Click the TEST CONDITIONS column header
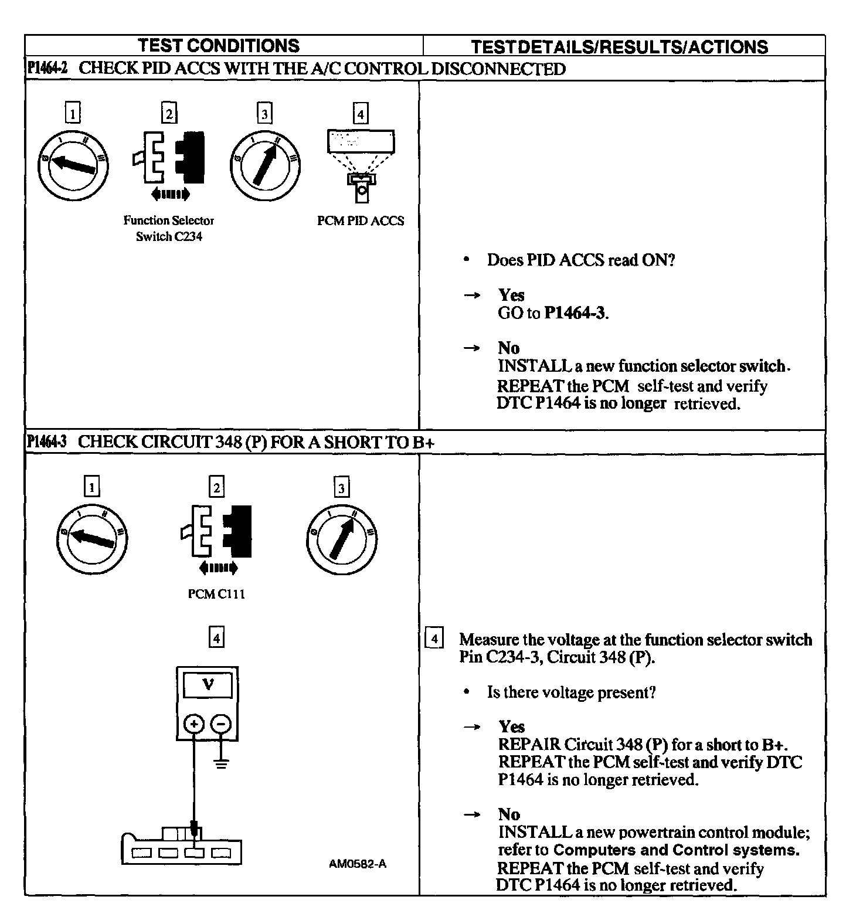218,46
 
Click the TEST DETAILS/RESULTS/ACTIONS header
619,47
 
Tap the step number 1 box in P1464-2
72,113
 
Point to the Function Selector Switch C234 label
169,229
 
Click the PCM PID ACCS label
361,221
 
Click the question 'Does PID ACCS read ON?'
580,260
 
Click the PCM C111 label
216,594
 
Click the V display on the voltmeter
208,684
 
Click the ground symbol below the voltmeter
221,763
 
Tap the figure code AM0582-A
358,864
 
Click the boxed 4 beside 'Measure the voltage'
433,639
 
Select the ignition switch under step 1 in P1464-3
92,540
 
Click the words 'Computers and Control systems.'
677,850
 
